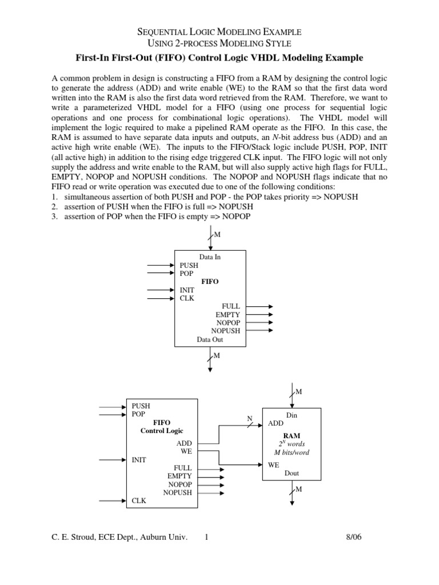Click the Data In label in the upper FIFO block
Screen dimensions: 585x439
pyautogui.click(x=210, y=257)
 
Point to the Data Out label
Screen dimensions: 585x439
pyautogui.click(x=210, y=339)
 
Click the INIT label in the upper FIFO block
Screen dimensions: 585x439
pyautogui.click(x=188, y=290)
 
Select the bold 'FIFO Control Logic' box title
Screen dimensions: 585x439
pyautogui.click(x=162, y=426)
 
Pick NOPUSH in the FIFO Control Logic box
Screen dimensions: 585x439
pyautogui.click(x=178, y=492)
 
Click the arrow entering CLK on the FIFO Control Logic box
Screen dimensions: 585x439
pyautogui.click(x=113, y=500)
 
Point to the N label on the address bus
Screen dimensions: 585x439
pyautogui.click(x=249, y=418)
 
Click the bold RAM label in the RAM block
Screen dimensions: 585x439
pyautogui.click(x=292, y=435)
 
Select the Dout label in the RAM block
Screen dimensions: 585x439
pyautogui.click(x=292, y=473)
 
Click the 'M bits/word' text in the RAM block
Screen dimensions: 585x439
pyautogui.click(x=292, y=452)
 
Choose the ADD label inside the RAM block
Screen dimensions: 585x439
pyautogui.click(x=276, y=424)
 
